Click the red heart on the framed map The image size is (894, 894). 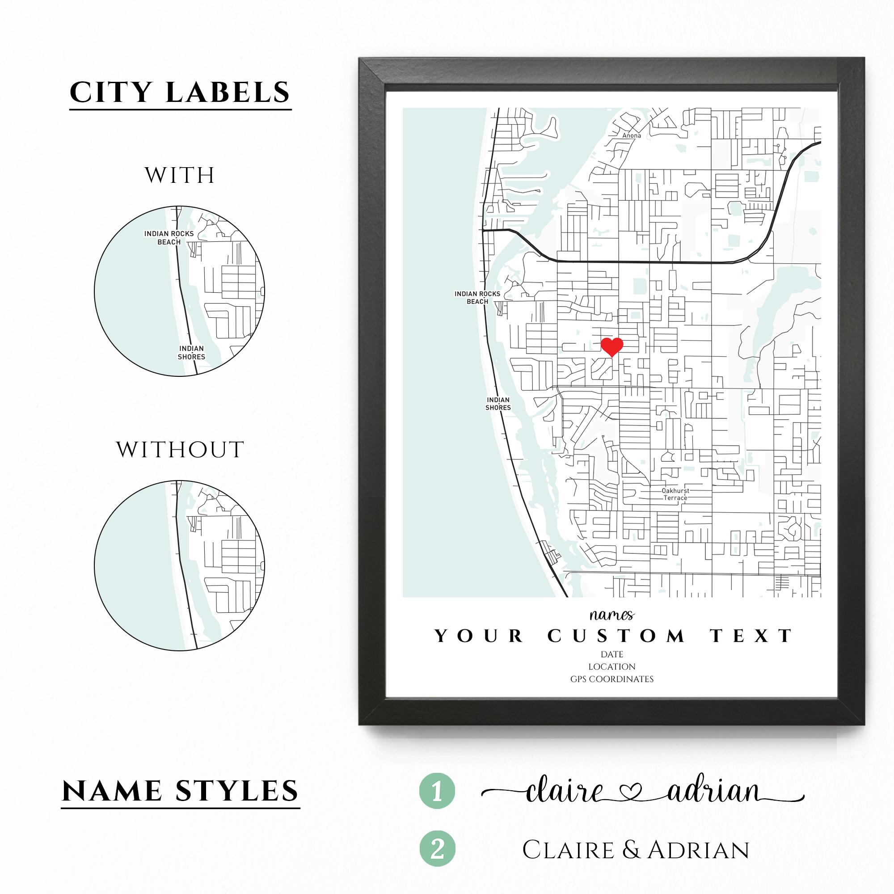(x=612, y=346)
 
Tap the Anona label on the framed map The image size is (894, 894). (x=632, y=135)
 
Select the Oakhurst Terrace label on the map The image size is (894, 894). (x=675, y=494)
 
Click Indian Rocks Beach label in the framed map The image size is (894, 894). (x=477, y=298)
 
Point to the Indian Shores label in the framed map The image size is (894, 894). (x=498, y=404)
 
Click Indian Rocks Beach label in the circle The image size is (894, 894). (x=169, y=238)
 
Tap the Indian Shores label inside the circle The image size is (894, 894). (x=191, y=353)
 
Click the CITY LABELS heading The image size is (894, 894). (x=180, y=93)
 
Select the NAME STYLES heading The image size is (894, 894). (x=181, y=791)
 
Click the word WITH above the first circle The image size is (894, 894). (x=180, y=175)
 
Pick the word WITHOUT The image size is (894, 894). (x=180, y=450)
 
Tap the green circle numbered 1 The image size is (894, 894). (x=437, y=791)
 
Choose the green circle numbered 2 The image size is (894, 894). (x=437, y=849)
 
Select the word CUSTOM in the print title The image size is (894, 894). (x=616, y=636)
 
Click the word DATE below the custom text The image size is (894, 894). (x=612, y=654)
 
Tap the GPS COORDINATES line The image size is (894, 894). (x=612, y=679)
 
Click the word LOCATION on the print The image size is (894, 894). (x=612, y=667)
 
